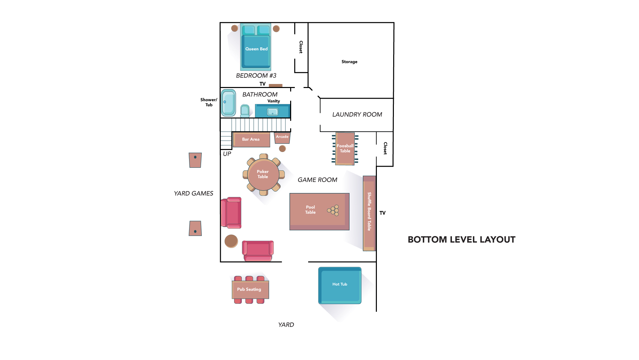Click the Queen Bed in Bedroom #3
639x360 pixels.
(255, 47)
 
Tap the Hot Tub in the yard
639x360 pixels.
(340, 285)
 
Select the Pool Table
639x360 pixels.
(319, 212)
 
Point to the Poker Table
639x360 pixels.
(263, 174)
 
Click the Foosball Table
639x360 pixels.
(345, 149)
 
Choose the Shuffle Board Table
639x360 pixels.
(369, 213)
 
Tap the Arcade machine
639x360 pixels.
(282, 138)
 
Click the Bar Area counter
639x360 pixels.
(251, 140)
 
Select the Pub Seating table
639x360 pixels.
(250, 290)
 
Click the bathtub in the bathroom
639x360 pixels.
(228, 103)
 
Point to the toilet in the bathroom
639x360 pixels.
(245, 111)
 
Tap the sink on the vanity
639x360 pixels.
(272, 112)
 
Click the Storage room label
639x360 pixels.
(349, 62)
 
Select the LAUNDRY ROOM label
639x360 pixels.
(357, 115)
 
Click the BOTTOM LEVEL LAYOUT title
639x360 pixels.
(462, 240)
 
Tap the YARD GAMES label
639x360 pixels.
(193, 193)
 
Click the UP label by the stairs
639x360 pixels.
(227, 154)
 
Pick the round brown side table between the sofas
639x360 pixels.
(231, 241)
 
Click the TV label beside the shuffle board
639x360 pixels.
(383, 213)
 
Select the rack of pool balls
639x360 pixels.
(333, 210)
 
